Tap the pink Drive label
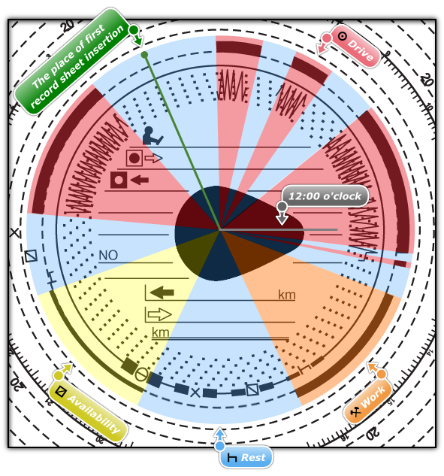tap(355, 47)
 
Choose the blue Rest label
tap(246, 457)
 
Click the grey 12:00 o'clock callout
tap(325, 196)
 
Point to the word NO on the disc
tap(108, 256)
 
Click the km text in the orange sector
tap(286, 295)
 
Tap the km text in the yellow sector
tap(161, 332)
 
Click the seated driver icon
tap(153, 135)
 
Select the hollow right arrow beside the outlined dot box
tap(153, 158)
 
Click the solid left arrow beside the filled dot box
tap(140, 180)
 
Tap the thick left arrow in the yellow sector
tap(162, 293)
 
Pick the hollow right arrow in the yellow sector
tap(160, 314)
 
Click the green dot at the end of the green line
tap(145, 55)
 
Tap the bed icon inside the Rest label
tap(232, 457)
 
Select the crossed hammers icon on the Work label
tap(355, 412)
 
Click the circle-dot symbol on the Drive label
tap(342, 36)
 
